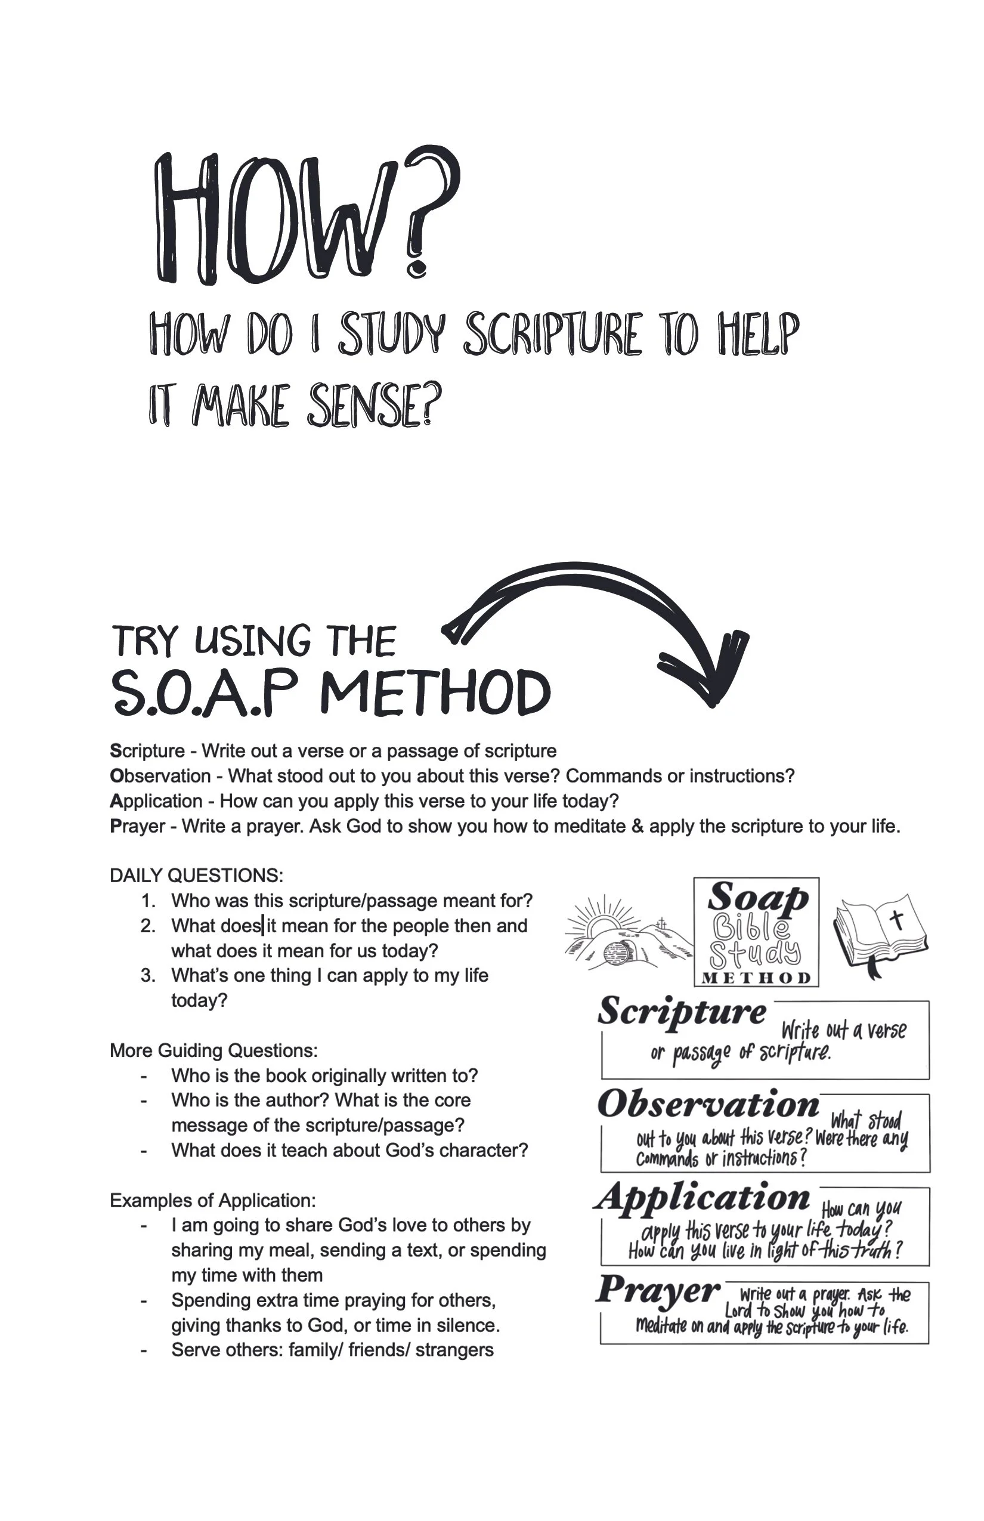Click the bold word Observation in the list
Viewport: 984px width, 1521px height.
pyautogui.click(x=160, y=776)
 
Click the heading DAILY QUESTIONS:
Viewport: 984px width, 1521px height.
pyautogui.click(x=196, y=876)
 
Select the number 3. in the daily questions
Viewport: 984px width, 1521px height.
pyautogui.click(x=148, y=975)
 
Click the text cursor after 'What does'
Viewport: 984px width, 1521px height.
pyautogui.click(x=262, y=925)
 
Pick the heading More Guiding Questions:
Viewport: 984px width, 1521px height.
pyautogui.click(x=213, y=1050)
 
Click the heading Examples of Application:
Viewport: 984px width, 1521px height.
pyautogui.click(x=213, y=1200)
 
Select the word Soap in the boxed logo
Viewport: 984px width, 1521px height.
pyautogui.click(x=757, y=898)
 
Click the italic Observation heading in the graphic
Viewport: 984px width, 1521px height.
pyautogui.click(x=708, y=1103)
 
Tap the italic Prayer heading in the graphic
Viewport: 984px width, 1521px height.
pyautogui.click(x=658, y=1290)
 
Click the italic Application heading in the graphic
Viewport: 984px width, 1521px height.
pyautogui.click(x=703, y=1197)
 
